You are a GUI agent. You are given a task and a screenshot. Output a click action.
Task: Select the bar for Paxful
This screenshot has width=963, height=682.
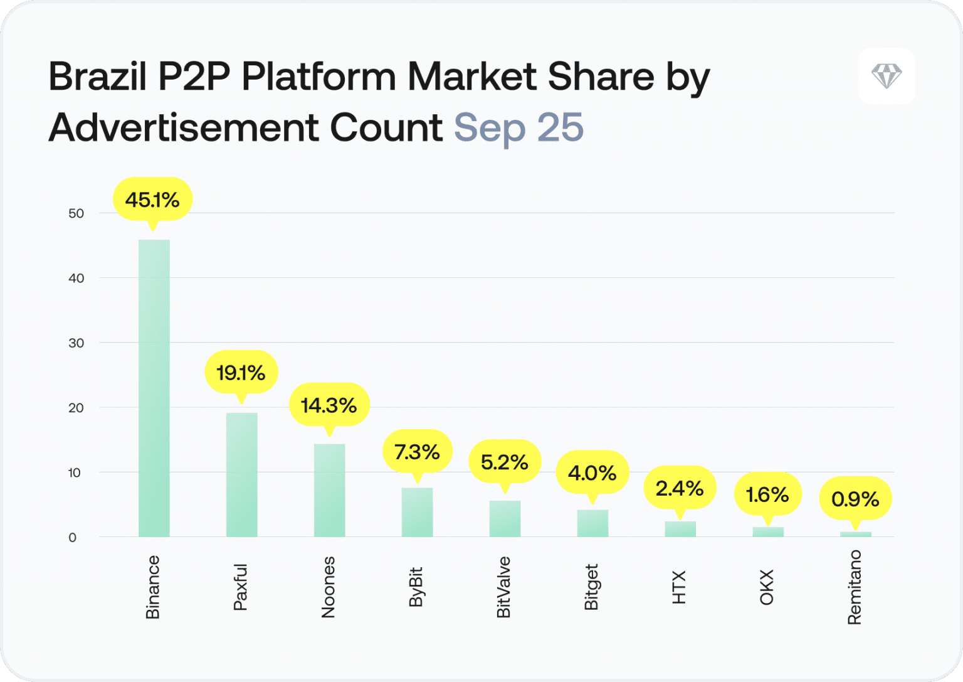pyautogui.click(x=241, y=474)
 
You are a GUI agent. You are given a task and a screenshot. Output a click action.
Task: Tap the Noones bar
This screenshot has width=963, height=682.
pyautogui.click(x=329, y=490)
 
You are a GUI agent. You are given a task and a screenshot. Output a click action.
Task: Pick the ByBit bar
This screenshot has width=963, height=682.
pyautogui.click(x=417, y=512)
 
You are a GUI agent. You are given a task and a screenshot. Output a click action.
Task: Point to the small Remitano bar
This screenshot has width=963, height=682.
pyautogui.click(x=856, y=534)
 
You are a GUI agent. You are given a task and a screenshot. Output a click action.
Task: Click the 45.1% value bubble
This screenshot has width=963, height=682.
pyautogui.click(x=152, y=200)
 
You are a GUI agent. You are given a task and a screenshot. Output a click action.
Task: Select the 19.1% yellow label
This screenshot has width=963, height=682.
pyautogui.click(x=241, y=373)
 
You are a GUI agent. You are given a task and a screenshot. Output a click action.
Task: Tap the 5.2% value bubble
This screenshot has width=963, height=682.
pyautogui.click(x=505, y=462)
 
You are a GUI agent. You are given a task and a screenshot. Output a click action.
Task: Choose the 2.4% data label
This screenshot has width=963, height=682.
pyautogui.click(x=680, y=488)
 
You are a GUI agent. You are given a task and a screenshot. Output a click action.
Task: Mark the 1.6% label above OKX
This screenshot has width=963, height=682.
pyautogui.click(x=767, y=494)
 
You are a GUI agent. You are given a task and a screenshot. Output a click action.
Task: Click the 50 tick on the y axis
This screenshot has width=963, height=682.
pyautogui.click(x=76, y=213)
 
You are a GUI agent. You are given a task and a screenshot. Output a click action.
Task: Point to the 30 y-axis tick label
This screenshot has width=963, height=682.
pyautogui.click(x=76, y=343)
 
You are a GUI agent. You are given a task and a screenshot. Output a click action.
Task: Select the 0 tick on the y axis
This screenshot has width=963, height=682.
pyautogui.click(x=73, y=538)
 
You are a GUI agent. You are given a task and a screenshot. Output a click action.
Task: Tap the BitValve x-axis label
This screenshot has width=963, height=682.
pyautogui.click(x=504, y=587)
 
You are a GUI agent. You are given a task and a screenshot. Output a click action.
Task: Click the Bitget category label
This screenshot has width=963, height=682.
pyautogui.click(x=592, y=587)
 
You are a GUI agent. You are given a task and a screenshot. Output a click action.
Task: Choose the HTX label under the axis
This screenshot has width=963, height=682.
pyautogui.click(x=680, y=587)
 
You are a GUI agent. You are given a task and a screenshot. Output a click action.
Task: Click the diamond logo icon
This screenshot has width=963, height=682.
pyautogui.click(x=887, y=76)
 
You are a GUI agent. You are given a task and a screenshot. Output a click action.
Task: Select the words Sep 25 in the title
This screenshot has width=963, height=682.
pyautogui.click(x=518, y=128)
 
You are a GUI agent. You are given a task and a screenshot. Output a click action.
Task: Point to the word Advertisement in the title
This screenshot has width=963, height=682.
pyautogui.click(x=183, y=128)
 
